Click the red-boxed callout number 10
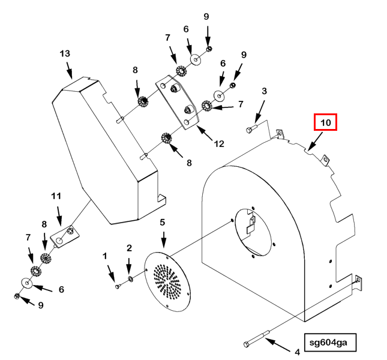coord(325,122)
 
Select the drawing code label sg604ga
coord(330,342)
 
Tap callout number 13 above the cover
coord(65,53)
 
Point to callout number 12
coord(219,143)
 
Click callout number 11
coord(56,196)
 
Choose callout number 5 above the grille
coord(162,223)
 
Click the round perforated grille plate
coord(167,282)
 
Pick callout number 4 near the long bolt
coord(298,352)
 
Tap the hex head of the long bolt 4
coord(247,344)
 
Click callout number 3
coord(265,91)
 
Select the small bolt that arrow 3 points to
coord(251,129)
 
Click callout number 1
coord(105,256)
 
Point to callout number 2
coord(130,248)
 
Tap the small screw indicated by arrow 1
coord(118,286)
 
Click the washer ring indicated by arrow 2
coord(130,279)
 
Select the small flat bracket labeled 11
coord(65,236)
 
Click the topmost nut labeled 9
coord(209,49)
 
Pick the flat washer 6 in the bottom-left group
coord(26,283)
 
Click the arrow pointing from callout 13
coord(70,70)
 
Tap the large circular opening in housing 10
coord(253,232)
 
